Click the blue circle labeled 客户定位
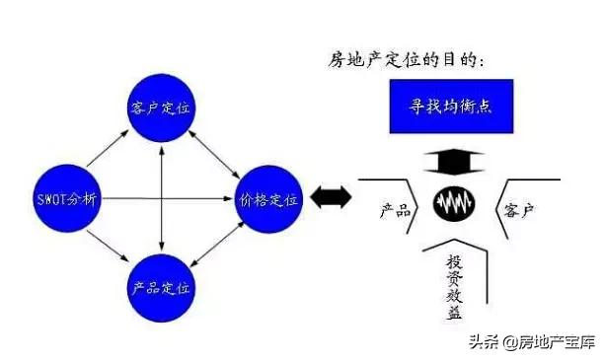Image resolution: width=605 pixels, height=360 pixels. click(162, 107)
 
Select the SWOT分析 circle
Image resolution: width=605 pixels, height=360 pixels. click(68, 197)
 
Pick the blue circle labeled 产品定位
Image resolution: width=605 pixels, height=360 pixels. click(162, 288)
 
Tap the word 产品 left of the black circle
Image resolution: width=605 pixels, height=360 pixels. click(395, 211)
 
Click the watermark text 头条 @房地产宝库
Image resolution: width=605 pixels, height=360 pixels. click(531, 342)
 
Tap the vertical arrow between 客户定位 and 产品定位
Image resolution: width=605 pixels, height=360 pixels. click(162, 197)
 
